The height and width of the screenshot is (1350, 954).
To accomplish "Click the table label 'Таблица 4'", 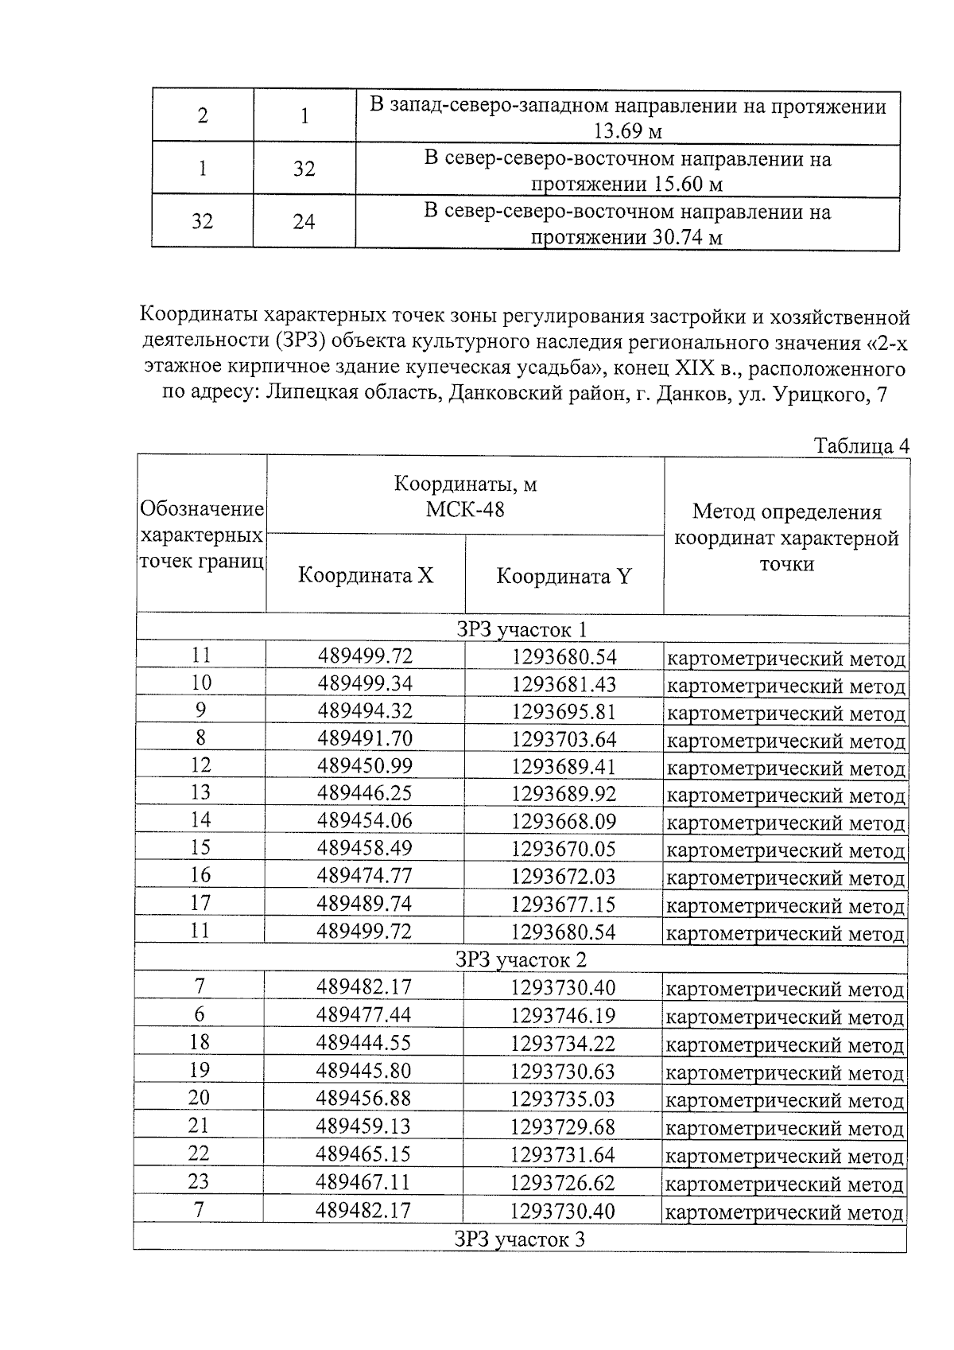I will coord(861,445).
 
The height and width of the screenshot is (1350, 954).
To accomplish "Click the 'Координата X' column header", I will coord(366,575).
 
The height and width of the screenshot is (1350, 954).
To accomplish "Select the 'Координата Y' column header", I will coord(564,576).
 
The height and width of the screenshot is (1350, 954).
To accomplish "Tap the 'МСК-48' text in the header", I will coord(465,509).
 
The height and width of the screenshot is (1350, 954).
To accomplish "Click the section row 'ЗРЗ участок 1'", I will coord(521,630).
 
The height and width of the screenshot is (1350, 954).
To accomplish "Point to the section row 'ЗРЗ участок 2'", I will coord(521,959).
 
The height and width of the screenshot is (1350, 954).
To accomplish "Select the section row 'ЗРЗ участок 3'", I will coord(521,1239).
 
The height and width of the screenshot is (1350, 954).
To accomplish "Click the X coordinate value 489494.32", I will coord(365,711).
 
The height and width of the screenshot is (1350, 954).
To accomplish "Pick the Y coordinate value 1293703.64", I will coord(564,739).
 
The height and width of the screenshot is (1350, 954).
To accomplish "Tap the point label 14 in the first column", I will coord(200,820).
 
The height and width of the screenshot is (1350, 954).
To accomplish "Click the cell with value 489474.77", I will coord(365,876).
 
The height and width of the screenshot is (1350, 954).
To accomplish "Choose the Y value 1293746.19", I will coord(563,1016).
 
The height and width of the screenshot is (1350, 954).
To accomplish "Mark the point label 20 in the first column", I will coord(199,1098).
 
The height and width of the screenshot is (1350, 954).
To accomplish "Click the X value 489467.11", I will coord(363,1182).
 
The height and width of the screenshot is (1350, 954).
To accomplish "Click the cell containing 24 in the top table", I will coord(304,221).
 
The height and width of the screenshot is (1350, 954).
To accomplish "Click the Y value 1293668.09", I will coord(564,821).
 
